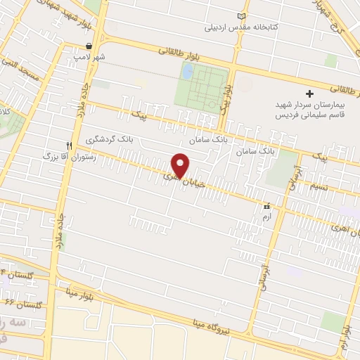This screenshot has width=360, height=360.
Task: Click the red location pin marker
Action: [x=181, y=165]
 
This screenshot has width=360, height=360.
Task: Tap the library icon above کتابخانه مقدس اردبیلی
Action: [x=243, y=16]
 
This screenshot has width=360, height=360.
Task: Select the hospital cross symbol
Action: [x=309, y=94]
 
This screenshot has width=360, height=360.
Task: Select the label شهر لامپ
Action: [x=92, y=57]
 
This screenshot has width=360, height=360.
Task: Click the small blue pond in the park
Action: [x=187, y=70]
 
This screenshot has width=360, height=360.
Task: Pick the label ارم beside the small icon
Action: [x=266, y=219]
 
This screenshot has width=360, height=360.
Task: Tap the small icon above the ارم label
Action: [x=266, y=208]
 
